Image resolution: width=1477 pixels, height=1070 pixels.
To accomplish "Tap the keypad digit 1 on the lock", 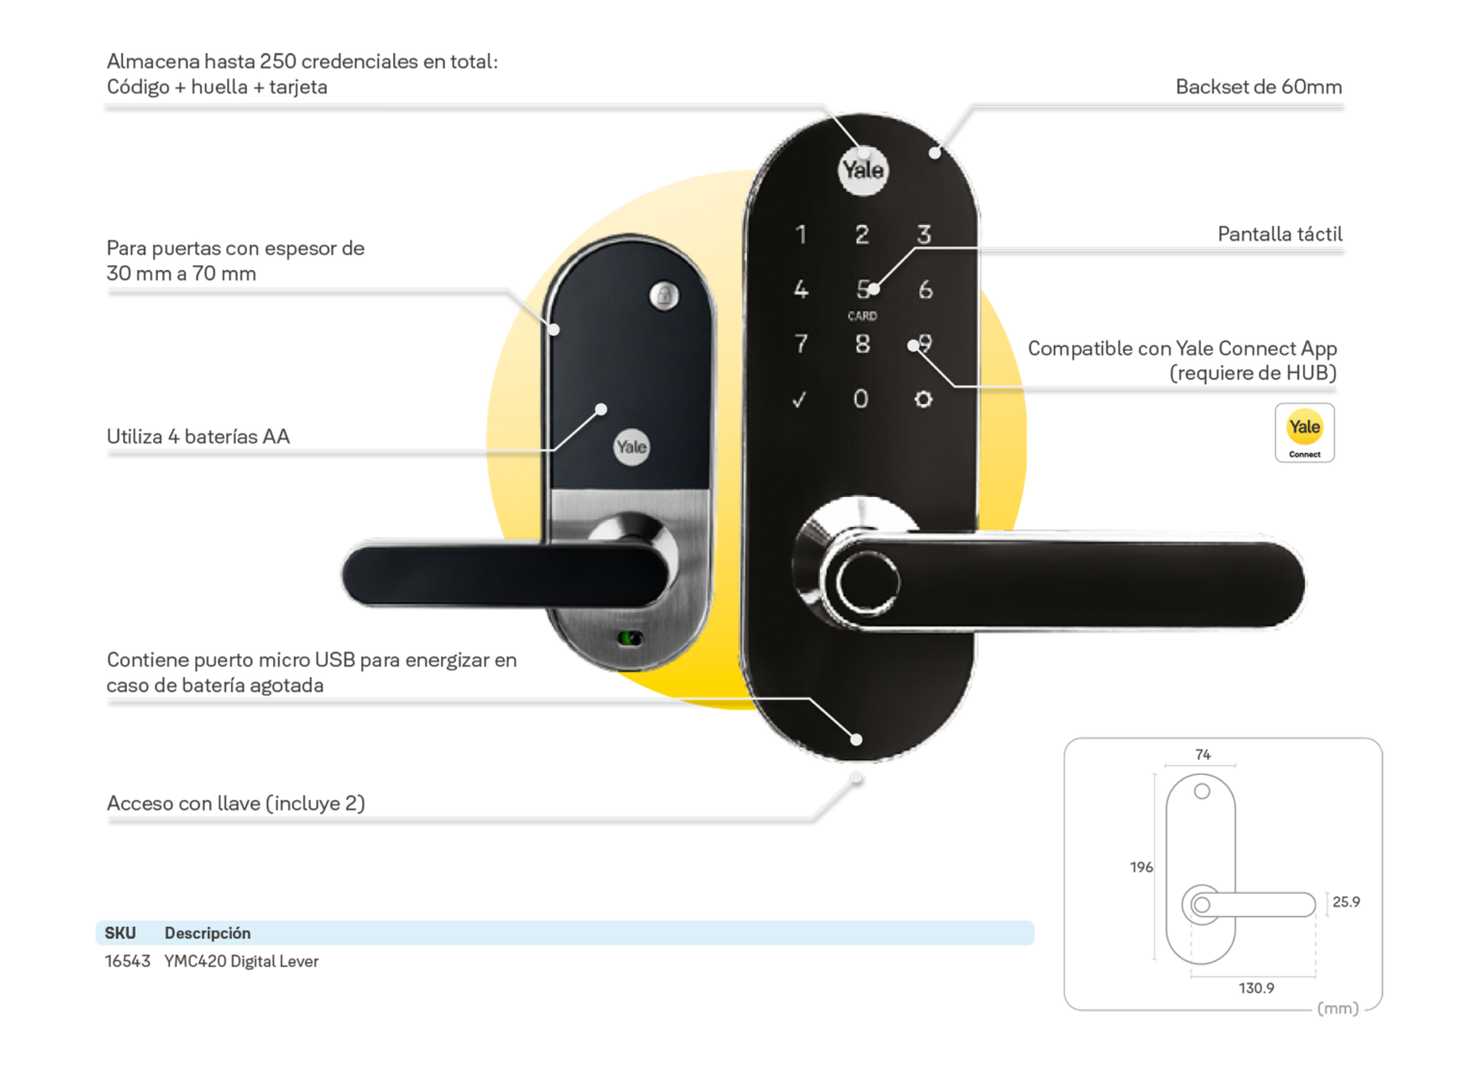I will pyautogui.click(x=801, y=235).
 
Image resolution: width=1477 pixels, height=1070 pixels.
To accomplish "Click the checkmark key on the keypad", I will pyautogui.click(x=799, y=400).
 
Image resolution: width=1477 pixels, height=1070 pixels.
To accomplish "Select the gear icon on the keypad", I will pyautogui.click(x=923, y=399).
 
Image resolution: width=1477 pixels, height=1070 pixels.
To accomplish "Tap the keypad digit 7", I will pyautogui.click(x=801, y=344).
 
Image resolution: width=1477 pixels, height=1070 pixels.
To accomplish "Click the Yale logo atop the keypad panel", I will pyautogui.click(x=863, y=171).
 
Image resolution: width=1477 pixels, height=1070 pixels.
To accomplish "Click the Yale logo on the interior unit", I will pyautogui.click(x=631, y=447).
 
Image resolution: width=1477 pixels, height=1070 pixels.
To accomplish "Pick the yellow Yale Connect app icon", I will pyautogui.click(x=1304, y=433).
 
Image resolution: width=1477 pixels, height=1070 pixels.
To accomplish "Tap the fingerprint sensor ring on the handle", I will pyautogui.click(x=866, y=582).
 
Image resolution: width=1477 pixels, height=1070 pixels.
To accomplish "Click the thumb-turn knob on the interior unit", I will pyautogui.click(x=664, y=295).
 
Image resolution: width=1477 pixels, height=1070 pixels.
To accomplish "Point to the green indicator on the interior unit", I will pyautogui.click(x=630, y=638).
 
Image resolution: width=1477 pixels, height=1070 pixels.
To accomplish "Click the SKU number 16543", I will pyautogui.click(x=127, y=961).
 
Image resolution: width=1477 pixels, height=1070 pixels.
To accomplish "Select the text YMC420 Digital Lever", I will pyautogui.click(x=241, y=961).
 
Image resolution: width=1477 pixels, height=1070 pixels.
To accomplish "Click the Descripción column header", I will pyautogui.click(x=208, y=933).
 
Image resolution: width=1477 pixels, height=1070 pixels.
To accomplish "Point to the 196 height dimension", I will pyautogui.click(x=1140, y=867).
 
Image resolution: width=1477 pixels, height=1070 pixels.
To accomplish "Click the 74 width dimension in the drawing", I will pyautogui.click(x=1202, y=755).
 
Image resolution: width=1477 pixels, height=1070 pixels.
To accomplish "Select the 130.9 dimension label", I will pyautogui.click(x=1256, y=988).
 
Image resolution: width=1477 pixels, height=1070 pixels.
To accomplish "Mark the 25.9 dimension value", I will pyautogui.click(x=1346, y=902).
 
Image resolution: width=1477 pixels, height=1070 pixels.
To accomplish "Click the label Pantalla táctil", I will pyautogui.click(x=1279, y=235).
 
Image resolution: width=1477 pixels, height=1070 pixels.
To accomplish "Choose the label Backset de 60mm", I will pyautogui.click(x=1258, y=87).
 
